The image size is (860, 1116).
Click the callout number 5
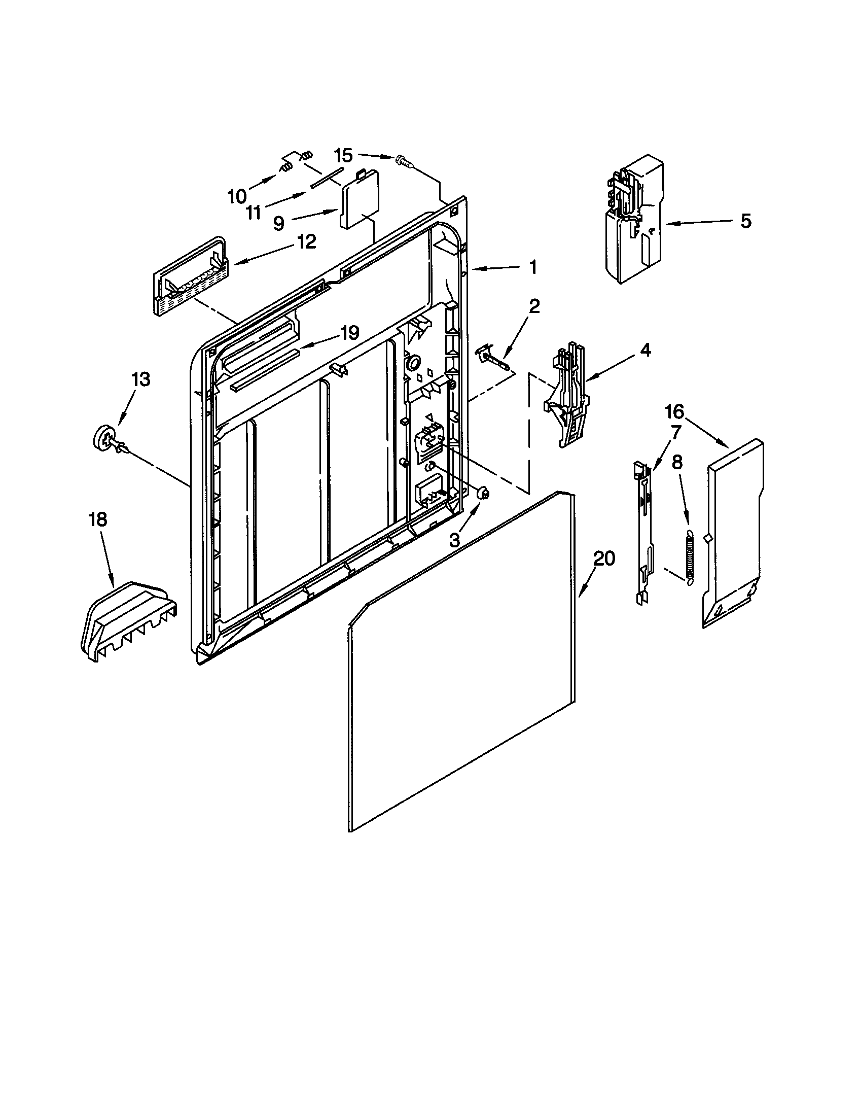[745, 221]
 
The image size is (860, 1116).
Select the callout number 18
[97, 519]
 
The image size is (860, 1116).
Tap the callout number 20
[603, 559]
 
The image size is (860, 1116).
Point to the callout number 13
[140, 379]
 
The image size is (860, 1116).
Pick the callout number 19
[349, 333]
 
